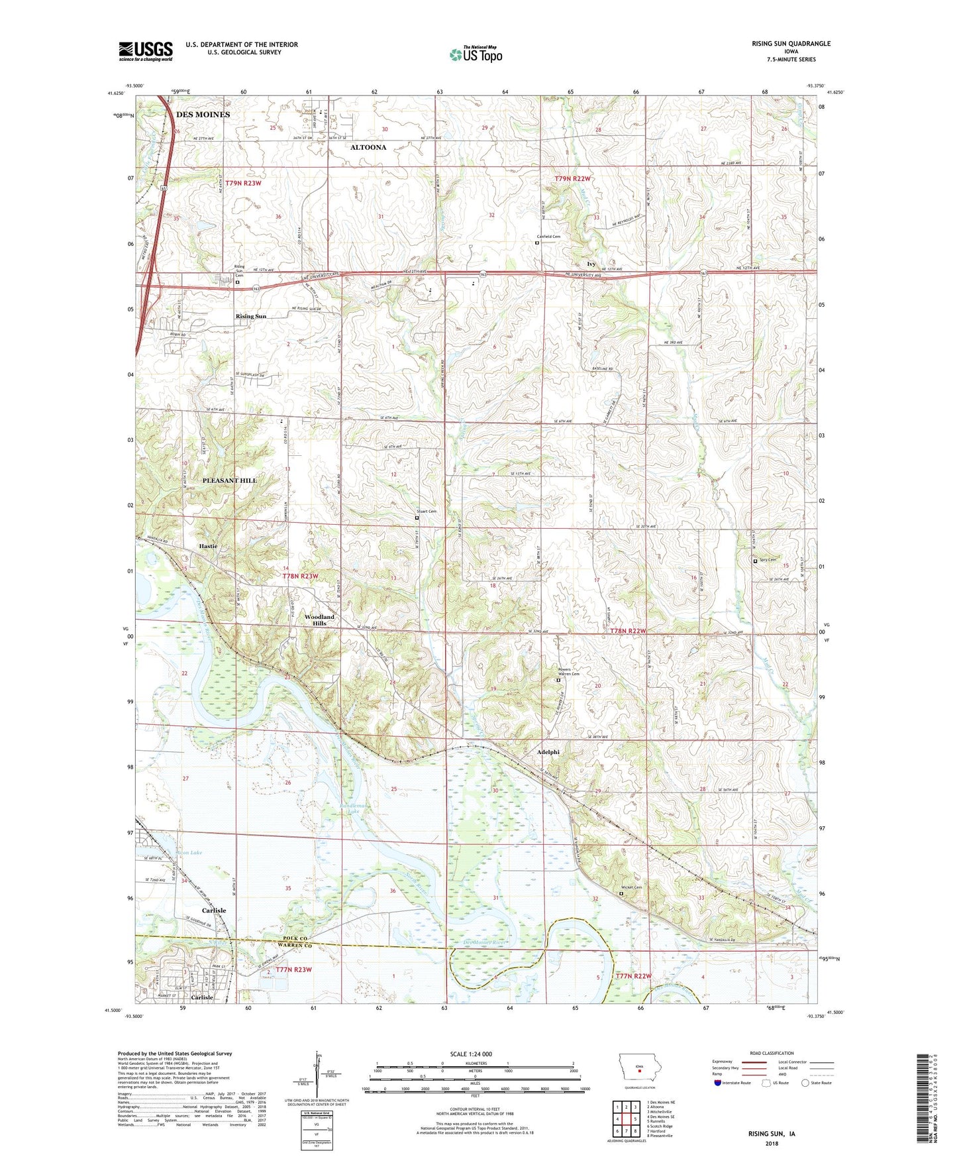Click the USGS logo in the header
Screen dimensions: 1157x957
point(145,50)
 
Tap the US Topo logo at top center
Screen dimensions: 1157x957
point(475,54)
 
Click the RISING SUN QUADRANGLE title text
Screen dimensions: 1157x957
point(791,44)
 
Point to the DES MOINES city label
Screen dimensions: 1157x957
point(203,115)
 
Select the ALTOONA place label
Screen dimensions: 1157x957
point(368,147)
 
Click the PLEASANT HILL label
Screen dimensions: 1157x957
point(229,480)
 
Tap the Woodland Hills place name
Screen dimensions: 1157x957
point(319,620)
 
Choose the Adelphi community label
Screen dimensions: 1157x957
point(548,752)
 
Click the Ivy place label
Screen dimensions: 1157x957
point(591,264)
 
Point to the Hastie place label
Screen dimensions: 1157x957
point(208,546)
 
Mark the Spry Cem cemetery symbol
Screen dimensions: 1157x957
point(756,561)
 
